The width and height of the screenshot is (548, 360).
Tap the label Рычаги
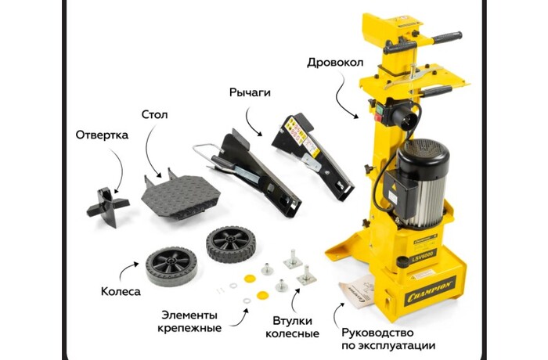click(x=250, y=93)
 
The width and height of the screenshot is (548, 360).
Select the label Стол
click(x=154, y=114)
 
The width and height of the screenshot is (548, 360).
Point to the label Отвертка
click(x=102, y=135)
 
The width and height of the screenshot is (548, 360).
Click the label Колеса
click(x=121, y=291)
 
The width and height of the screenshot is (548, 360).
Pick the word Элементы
click(x=189, y=315)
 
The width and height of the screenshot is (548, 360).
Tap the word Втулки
click(x=293, y=321)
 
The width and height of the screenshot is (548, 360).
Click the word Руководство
click(x=377, y=333)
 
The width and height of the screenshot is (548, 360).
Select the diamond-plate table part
click(x=180, y=196)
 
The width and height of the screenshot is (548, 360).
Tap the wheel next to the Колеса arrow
click(x=171, y=266)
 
